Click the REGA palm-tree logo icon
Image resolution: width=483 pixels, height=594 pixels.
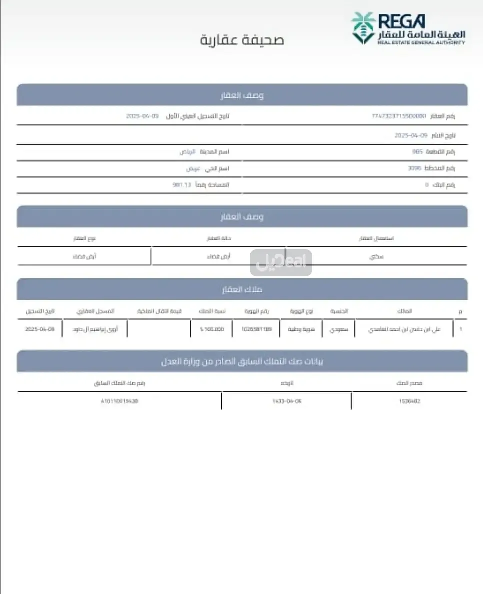(x=363, y=28)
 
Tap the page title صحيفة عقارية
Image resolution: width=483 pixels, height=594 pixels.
(x=242, y=40)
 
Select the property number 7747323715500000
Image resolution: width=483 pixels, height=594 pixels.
(x=398, y=116)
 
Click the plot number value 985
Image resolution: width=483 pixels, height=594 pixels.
(x=417, y=152)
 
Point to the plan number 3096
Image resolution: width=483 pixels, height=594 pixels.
(x=414, y=169)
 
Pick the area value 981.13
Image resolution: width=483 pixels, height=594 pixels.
(x=182, y=185)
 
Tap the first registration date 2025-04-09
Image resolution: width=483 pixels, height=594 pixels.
(x=142, y=116)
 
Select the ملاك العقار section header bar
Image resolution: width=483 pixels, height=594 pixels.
(x=242, y=289)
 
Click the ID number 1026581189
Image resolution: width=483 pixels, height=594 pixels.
(x=256, y=329)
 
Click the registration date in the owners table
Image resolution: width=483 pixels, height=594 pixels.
(x=39, y=329)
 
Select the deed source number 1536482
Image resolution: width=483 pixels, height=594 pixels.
(x=409, y=401)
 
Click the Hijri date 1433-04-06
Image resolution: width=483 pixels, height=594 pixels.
(x=287, y=401)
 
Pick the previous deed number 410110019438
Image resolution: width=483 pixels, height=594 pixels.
(x=119, y=401)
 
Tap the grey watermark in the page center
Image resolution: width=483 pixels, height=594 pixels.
(x=281, y=263)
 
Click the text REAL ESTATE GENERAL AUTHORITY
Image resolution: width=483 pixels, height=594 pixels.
(x=421, y=43)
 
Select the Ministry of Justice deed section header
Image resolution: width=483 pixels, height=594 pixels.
(x=242, y=361)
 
